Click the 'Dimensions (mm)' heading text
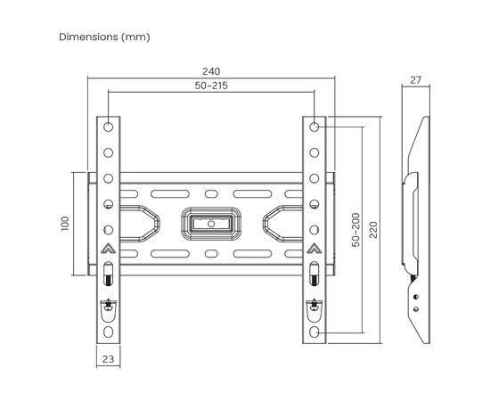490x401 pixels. (x=104, y=37)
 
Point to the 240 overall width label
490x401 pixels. (x=211, y=71)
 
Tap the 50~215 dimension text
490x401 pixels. (x=211, y=86)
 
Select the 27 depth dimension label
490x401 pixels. (x=414, y=80)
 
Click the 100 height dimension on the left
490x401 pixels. (x=65, y=222)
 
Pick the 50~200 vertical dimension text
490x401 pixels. (x=355, y=229)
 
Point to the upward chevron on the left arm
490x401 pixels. (x=107, y=250)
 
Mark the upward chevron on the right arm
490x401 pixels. (x=316, y=250)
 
